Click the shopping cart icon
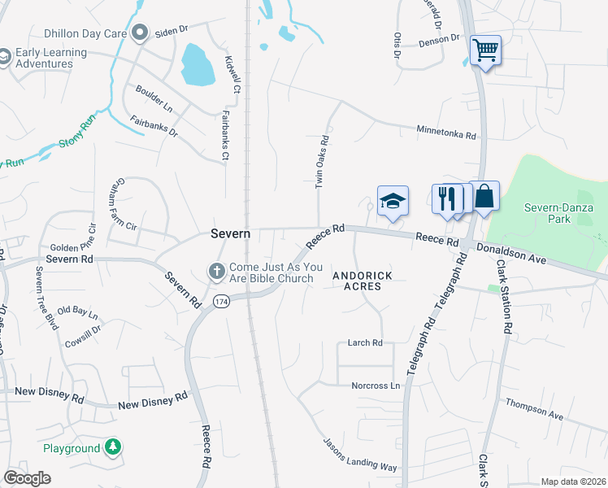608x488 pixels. [x=485, y=50]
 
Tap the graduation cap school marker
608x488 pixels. [x=393, y=201]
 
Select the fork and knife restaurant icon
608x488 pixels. [x=446, y=198]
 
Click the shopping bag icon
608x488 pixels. [x=484, y=196]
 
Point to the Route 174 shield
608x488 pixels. [x=220, y=302]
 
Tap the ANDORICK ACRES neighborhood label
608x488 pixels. [x=363, y=281]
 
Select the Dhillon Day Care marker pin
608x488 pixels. [x=140, y=33]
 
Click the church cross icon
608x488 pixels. [x=217, y=271]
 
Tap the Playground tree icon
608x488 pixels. [x=112, y=447]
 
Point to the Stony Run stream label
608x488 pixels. [x=77, y=136]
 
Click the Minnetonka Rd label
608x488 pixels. [x=445, y=130]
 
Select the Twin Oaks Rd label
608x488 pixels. [x=320, y=162]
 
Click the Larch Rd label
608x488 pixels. [x=364, y=343]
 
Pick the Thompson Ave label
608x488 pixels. [x=534, y=408]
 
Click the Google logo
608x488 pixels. [x=27, y=478]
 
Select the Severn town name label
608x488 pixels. [x=230, y=233]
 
